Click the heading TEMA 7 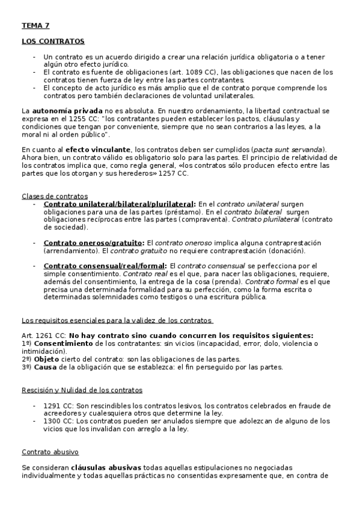(36, 26)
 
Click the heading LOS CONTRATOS (53, 41)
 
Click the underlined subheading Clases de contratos (55, 196)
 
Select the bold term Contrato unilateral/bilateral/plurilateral (119, 204)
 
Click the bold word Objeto (47, 358)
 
